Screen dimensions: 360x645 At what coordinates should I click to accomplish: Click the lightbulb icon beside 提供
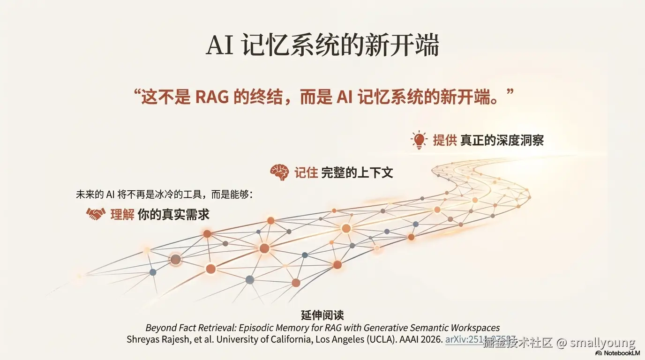419,140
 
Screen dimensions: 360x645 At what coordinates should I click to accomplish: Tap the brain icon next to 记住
279,172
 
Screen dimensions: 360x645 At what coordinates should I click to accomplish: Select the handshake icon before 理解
95,214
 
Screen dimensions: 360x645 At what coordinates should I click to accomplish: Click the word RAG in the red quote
212,97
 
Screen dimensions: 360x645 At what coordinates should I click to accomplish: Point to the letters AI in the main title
220,45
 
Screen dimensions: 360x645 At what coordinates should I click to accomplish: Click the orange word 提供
444,140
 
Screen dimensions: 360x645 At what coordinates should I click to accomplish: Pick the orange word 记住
306,172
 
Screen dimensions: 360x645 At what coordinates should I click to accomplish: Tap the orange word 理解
122,214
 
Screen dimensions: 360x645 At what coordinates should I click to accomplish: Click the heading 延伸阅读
322,315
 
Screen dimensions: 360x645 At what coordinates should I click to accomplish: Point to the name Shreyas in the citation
142,340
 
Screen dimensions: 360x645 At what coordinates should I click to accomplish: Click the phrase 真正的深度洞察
502,140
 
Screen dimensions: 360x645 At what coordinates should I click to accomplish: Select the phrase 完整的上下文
357,172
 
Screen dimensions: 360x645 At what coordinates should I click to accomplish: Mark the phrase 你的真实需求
173,214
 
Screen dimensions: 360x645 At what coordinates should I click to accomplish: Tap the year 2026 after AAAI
431,340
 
